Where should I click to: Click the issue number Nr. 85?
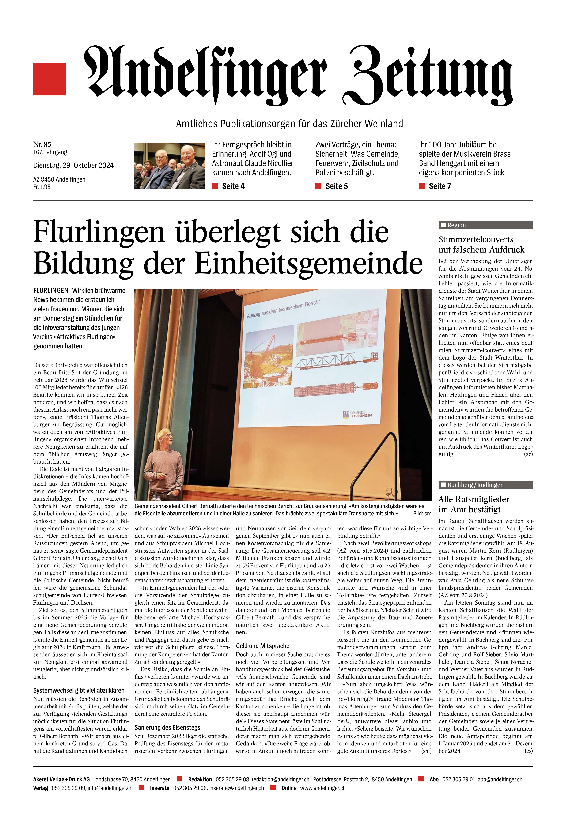pyautogui.click(x=42, y=144)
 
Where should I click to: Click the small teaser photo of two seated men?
pyautogui.click(x=170, y=166)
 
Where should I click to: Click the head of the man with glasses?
pyautogui.click(x=165, y=438)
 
